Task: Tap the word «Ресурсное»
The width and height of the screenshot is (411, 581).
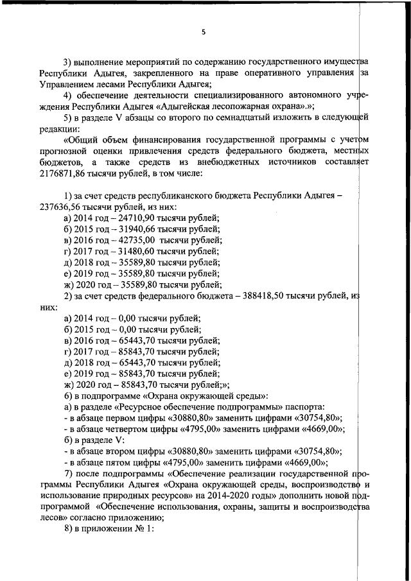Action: [x=140, y=407]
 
